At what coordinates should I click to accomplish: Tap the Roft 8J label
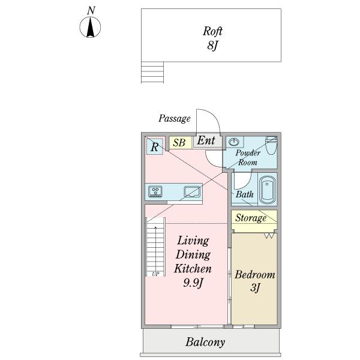(x=212, y=38)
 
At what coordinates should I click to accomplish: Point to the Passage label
(x=174, y=119)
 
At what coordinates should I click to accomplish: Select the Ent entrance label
(x=206, y=142)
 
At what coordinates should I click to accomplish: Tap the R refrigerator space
(x=154, y=146)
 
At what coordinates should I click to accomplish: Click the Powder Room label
(x=248, y=158)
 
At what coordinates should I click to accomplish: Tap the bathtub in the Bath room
(x=267, y=189)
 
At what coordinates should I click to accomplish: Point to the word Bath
(x=244, y=194)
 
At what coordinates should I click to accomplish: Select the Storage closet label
(x=250, y=218)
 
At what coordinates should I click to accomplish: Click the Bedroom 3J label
(x=254, y=281)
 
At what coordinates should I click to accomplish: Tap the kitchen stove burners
(x=155, y=192)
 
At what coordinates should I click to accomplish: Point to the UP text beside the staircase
(x=155, y=274)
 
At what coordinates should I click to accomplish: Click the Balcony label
(x=205, y=343)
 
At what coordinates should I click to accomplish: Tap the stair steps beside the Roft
(x=152, y=72)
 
